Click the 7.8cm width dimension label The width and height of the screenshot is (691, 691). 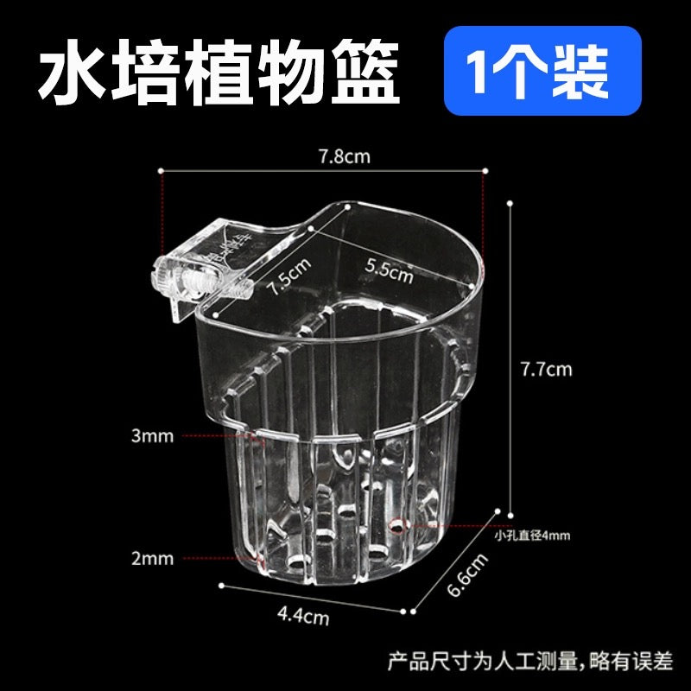pyautogui.click(x=344, y=157)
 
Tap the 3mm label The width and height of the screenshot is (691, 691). pyautogui.click(x=153, y=436)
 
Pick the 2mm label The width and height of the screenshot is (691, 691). pyautogui.click(x=153, y=559)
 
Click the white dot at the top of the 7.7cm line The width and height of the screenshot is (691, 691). pyautogui.click(x=510, y=203)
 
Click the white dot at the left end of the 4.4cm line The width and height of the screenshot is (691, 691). pyautogui.click(x=222, y=586)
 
